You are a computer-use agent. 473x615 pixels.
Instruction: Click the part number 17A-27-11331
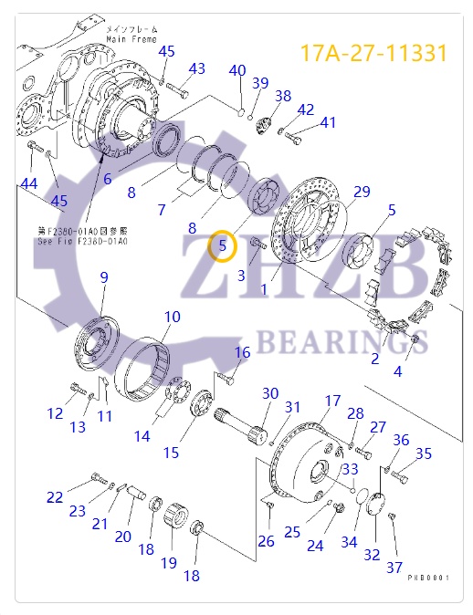tap(374, 52)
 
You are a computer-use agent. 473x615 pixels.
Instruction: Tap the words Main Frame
tap(131, 40)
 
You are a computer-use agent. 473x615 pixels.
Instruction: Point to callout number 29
tap(363, 192)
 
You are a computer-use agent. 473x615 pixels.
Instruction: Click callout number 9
tap(104, 276)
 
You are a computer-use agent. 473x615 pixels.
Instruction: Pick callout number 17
tap(332, 401)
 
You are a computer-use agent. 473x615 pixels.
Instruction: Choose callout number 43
tap(197, 68)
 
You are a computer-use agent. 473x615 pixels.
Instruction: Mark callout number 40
tap(237, 71)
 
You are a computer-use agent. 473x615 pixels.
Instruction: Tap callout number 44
tap(30, 184)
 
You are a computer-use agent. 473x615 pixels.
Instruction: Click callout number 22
tap(56, 497)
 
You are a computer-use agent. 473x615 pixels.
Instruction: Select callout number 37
tap(394, 568)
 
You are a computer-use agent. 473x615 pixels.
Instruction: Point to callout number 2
tap(374, 359)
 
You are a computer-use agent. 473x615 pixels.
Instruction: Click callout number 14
tap(142, 436)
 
